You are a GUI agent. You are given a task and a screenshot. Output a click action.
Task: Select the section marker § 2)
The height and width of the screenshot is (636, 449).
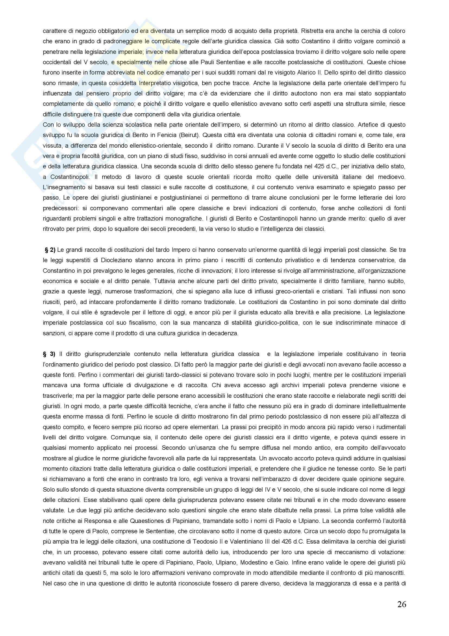[x=50, y=250]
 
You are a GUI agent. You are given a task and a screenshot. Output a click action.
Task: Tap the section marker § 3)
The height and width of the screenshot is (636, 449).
[x=49, y=354]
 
